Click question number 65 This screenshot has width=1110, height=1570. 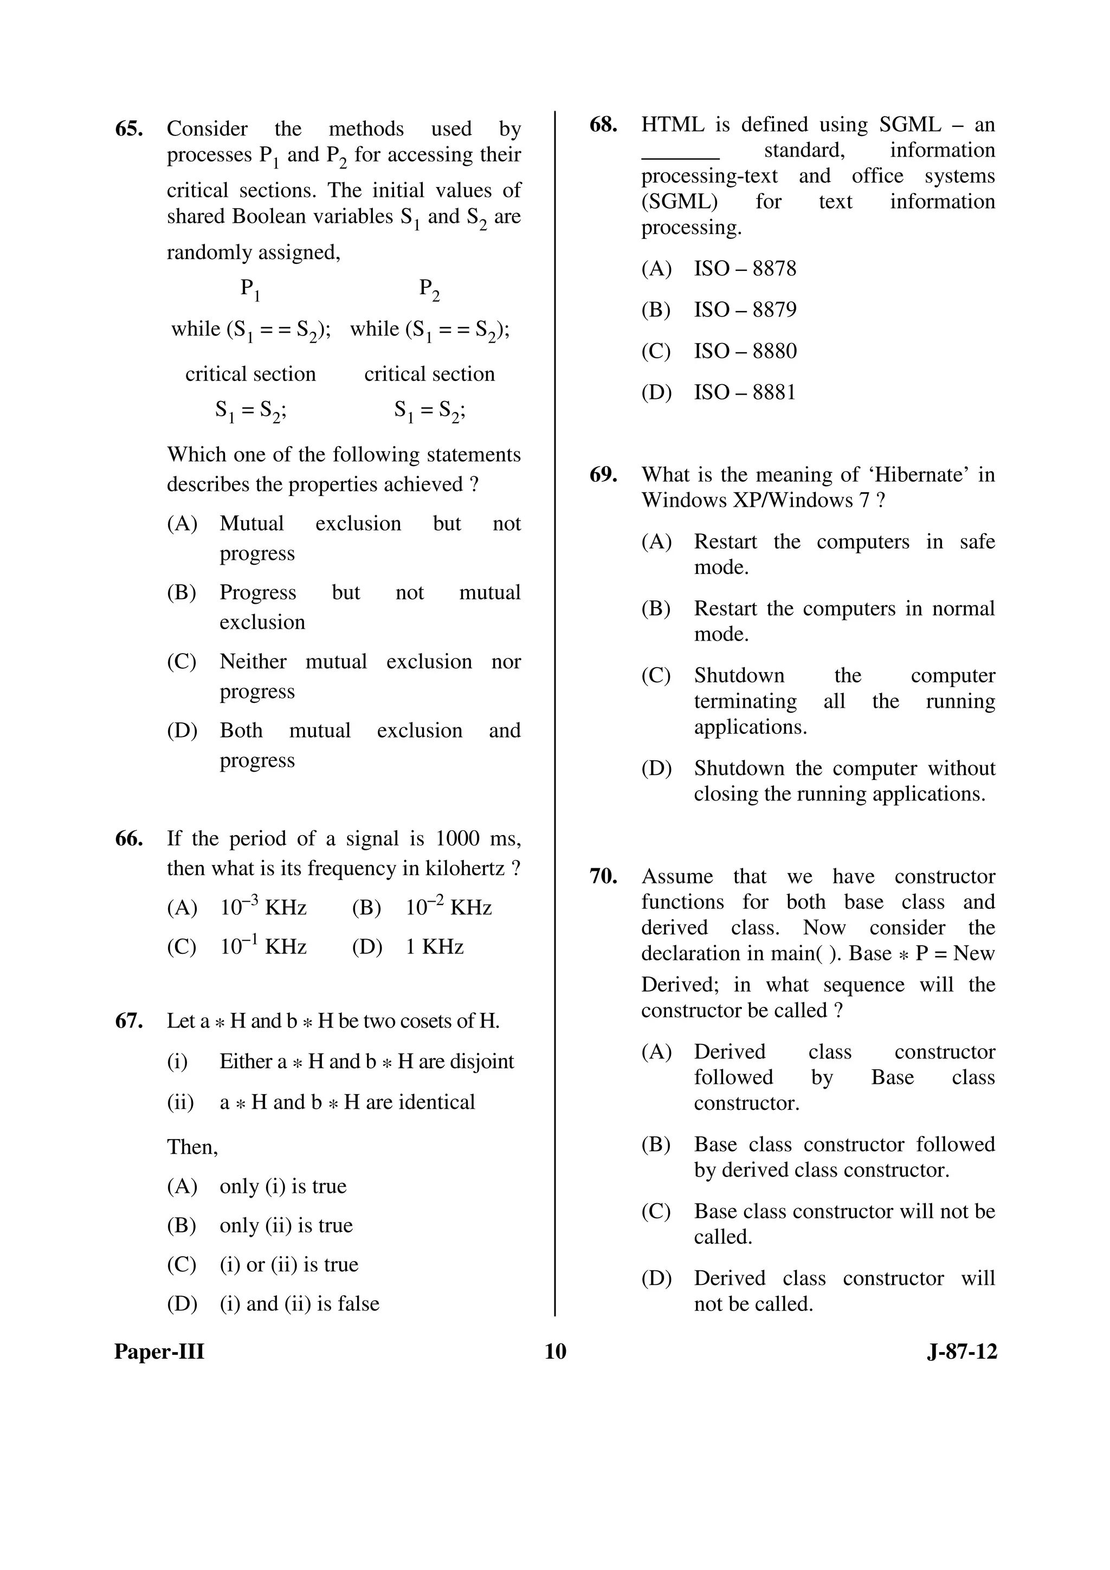pos(128,129)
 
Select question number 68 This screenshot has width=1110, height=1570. pos(603,125)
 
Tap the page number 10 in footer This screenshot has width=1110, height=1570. pos(556,1351)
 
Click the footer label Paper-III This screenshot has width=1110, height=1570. pos(159,1351)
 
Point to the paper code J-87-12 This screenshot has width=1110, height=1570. pos(961,1351)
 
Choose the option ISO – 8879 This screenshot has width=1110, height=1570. pos(745,310)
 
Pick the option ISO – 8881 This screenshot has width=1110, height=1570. pos(745,392)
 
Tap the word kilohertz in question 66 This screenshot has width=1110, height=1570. pos(465,868)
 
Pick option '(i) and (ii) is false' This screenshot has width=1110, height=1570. pos(299,1303)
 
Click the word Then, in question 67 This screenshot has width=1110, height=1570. pos(192,1147)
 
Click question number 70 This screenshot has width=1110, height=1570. pos(603,877)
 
